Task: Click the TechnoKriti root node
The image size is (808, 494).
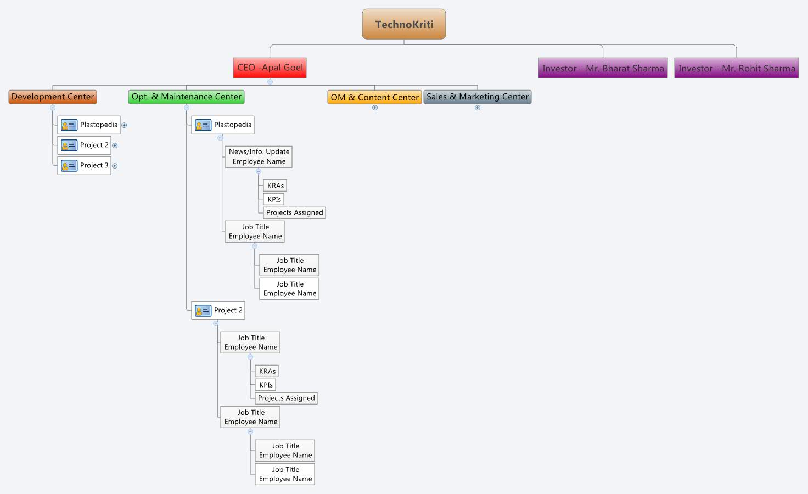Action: point(404,24)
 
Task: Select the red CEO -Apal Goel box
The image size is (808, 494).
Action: point(270,68)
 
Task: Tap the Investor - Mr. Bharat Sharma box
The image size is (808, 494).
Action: point(603,68)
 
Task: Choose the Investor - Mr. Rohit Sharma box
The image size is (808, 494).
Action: point(736,68)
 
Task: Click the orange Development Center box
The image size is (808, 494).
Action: point(53,97)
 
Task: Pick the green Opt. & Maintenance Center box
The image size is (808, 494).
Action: point(186,97)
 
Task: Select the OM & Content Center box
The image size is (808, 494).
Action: point(374,97)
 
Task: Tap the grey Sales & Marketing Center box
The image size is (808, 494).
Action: point(477,97)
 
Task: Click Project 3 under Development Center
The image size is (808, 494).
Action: point(85,165)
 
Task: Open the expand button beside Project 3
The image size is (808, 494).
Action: point(115,166)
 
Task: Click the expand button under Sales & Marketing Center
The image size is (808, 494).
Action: point(478,108)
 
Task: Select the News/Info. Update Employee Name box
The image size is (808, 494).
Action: point(259,156)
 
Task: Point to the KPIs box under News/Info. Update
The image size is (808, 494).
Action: point(274,199)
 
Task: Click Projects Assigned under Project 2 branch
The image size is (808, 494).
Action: point(286,398)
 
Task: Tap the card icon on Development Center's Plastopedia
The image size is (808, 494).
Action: point(69,125)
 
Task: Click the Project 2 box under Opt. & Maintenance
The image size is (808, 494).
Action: point(218,310)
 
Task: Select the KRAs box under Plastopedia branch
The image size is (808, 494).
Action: point(275,186)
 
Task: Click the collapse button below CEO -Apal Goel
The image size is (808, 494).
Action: point(270,82)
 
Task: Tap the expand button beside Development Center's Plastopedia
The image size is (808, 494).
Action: point(124,125)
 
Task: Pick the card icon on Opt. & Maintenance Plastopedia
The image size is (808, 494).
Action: point(203,125)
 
